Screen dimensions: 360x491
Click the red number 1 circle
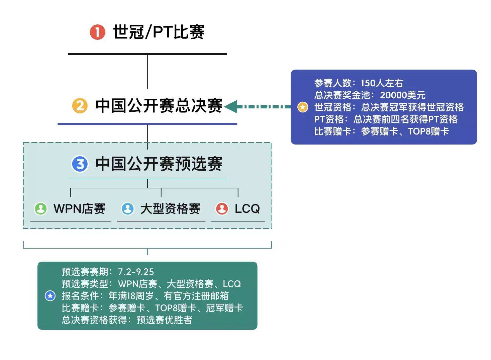97,32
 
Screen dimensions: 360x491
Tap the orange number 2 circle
80,106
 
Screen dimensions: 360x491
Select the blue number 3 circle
80,164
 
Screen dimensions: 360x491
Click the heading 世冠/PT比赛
159,32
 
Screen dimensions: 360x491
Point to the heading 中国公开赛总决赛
159,106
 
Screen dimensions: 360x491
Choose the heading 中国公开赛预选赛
159,164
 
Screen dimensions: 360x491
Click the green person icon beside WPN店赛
41,208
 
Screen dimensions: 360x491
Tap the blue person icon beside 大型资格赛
127,208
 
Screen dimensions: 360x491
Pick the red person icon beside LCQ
222,208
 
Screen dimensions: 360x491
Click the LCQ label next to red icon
247,208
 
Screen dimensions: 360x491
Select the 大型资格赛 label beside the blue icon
170,208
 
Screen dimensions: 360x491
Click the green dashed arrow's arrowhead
231,107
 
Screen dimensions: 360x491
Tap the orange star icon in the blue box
303,107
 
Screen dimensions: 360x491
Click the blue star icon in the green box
50,296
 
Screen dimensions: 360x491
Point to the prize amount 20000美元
403,95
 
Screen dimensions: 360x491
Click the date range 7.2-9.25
136,272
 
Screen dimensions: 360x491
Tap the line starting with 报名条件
145,296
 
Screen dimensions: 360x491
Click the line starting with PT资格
386,119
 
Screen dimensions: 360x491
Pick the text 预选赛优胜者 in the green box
164,320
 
